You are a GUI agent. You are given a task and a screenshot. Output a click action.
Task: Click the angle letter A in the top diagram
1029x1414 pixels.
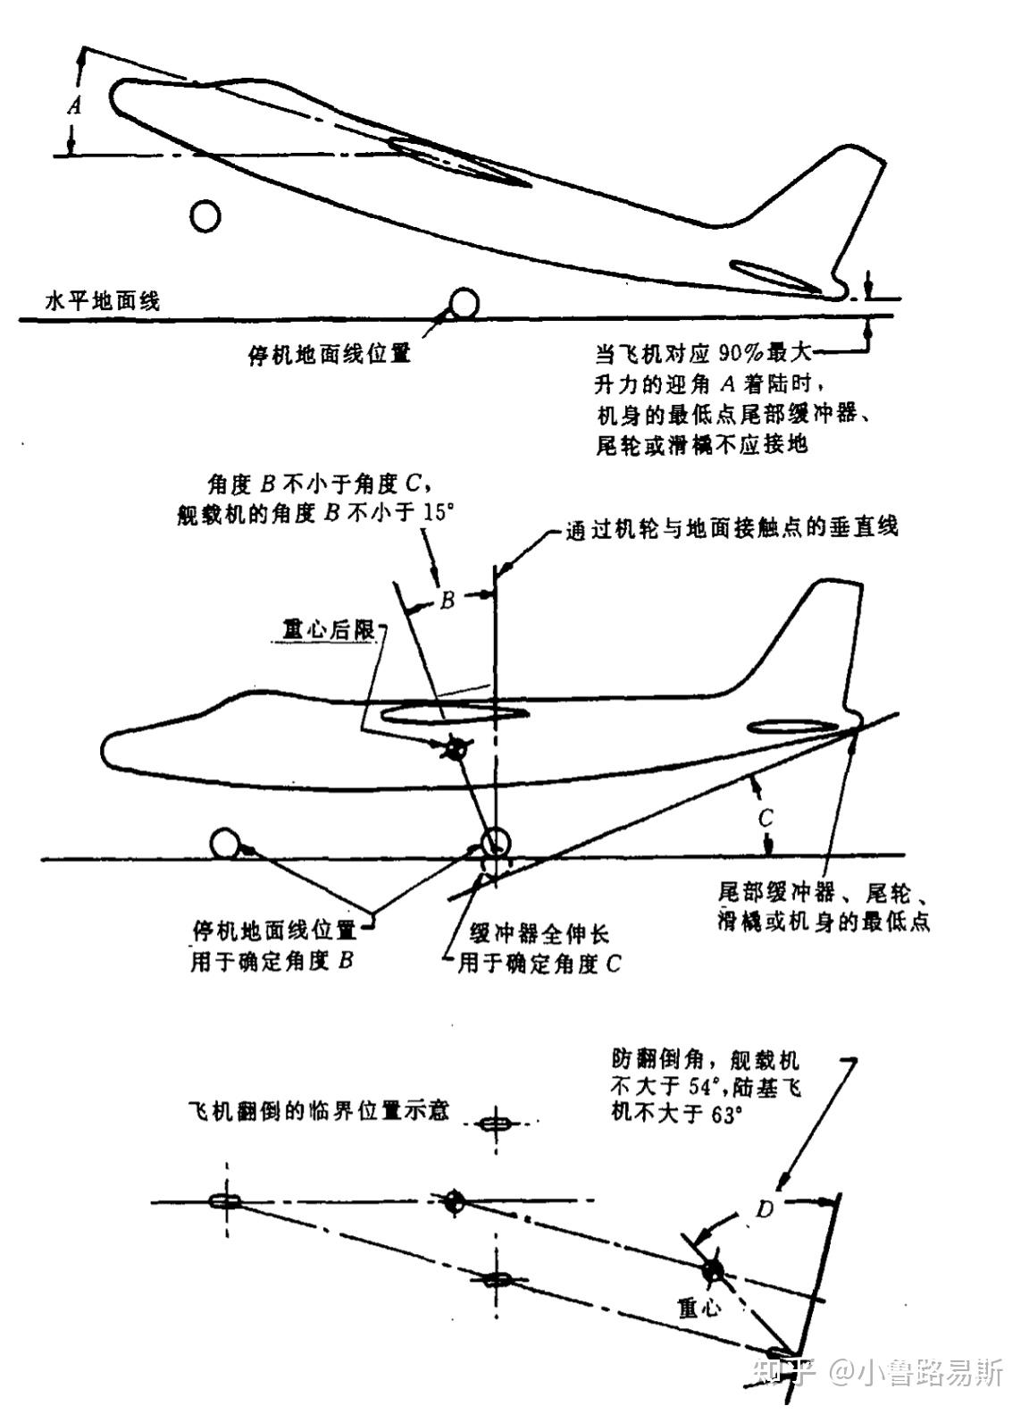tap(75, 106)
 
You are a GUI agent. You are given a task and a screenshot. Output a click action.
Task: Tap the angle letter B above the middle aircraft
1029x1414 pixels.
tap(448, 600)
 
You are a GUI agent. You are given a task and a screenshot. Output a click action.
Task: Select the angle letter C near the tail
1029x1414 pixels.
tap(765, 818)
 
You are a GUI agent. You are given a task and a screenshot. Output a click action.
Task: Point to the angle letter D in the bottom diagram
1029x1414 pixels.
tap(765, 1209)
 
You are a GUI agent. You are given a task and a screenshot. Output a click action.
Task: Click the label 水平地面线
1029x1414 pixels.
tap(103, 300)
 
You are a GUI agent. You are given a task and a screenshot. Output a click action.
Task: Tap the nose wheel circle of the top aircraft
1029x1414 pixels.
tap(206, 215)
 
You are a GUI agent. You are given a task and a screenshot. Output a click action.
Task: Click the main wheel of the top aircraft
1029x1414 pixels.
tap(464, 303)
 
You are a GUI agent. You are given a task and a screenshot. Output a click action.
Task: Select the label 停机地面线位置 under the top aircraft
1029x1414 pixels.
tap(329, 354)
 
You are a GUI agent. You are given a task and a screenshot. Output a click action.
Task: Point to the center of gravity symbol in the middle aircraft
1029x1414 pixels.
tap(456, 749)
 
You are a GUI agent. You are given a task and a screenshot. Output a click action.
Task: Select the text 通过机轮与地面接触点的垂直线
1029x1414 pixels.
tap(732, 527)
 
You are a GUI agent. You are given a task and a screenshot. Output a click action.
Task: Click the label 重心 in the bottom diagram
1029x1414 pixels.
tap(699, 1308)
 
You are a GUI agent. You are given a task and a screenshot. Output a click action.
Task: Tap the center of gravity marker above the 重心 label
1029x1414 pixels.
tap(712, 1271)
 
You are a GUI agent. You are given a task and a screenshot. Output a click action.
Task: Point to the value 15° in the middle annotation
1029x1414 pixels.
tap(439, 516)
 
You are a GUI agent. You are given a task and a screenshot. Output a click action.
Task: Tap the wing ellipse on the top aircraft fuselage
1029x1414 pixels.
tap(459, 162)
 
